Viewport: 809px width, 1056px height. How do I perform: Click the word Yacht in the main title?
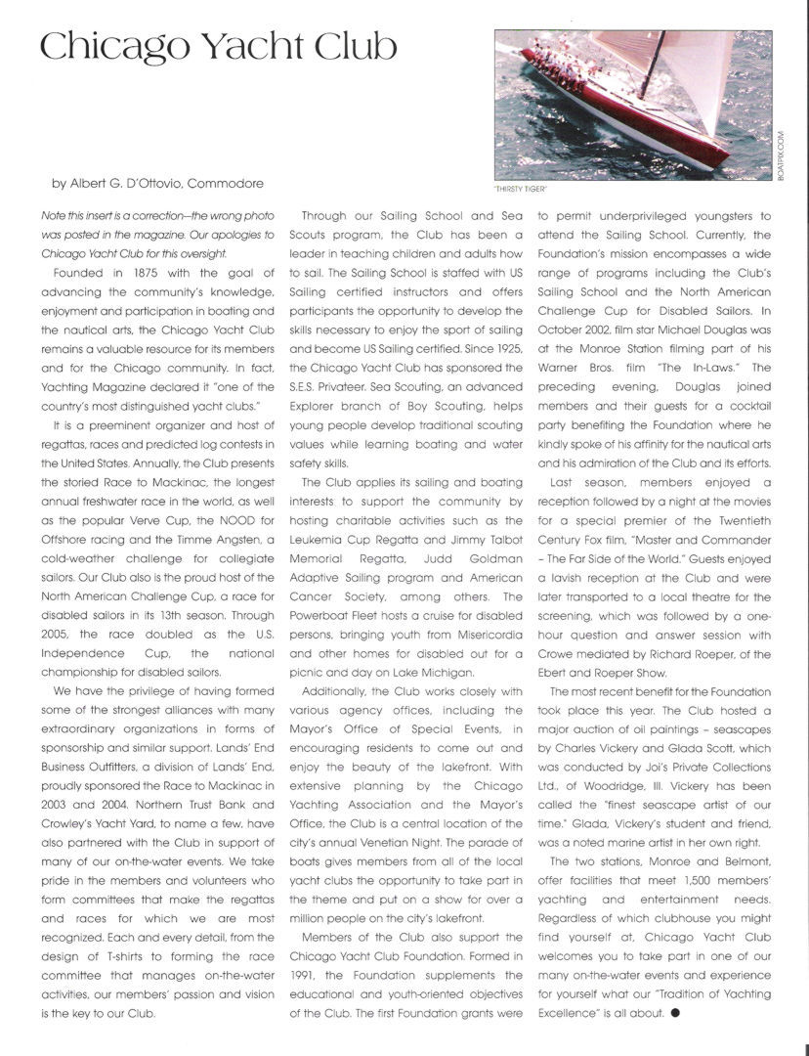[231, 46]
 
